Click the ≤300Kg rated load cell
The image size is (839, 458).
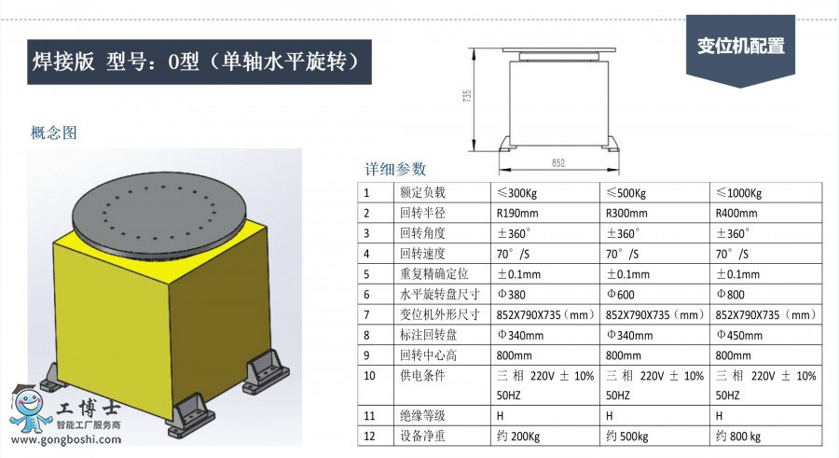[x=516, y=193]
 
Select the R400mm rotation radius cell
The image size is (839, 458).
[x=736, y=214]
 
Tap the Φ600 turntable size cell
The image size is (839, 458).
[x=620, y=294]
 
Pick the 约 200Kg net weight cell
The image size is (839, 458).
[x=518, y=436]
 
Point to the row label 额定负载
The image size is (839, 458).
[x=422, y=192]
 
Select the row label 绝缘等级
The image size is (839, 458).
[x=422, y=416]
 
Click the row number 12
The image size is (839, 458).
[x=369, y=436]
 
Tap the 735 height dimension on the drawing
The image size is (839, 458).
[x=467, y=96]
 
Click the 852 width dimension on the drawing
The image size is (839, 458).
[x=558, y=163]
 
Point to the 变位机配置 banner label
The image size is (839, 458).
[x=740, y=46]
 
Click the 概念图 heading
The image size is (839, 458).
[x=53, y=132]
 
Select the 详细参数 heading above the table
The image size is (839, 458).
[x=395, y=169]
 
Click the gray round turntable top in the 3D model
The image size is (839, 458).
[x=158, y=214]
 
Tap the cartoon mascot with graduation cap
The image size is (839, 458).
[x=31, y=409]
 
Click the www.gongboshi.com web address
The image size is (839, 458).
[x=66, y=439]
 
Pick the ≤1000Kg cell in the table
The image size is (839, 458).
[x=738, y=193]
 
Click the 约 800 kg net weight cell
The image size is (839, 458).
[x=738, y=436]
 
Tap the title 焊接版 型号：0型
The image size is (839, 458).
[x=116, y=62]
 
